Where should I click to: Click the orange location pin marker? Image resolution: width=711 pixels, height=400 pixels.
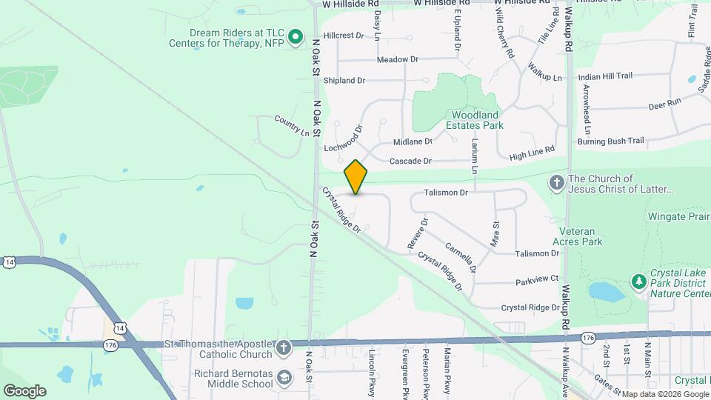tap(356, 176)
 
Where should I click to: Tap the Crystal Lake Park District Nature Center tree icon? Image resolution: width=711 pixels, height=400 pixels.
tap(638, 281)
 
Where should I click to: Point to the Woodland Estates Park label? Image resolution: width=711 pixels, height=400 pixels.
tap(474, 120)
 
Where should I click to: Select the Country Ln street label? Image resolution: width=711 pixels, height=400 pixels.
tap(291, 125)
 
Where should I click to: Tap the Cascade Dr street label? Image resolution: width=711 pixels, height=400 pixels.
tap(410, 161)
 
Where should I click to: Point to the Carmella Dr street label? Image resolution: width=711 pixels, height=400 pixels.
tap(461, 256)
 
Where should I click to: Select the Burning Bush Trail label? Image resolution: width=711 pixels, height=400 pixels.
tap(611, 141)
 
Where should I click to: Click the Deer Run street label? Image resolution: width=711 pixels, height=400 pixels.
tap(664, 104)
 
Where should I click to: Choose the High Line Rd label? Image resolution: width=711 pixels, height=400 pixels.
tap(532, 153)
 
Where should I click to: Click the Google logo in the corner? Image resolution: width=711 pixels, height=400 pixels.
tap(24, 390)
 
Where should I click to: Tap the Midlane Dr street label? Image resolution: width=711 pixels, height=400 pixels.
tap(413, 141)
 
